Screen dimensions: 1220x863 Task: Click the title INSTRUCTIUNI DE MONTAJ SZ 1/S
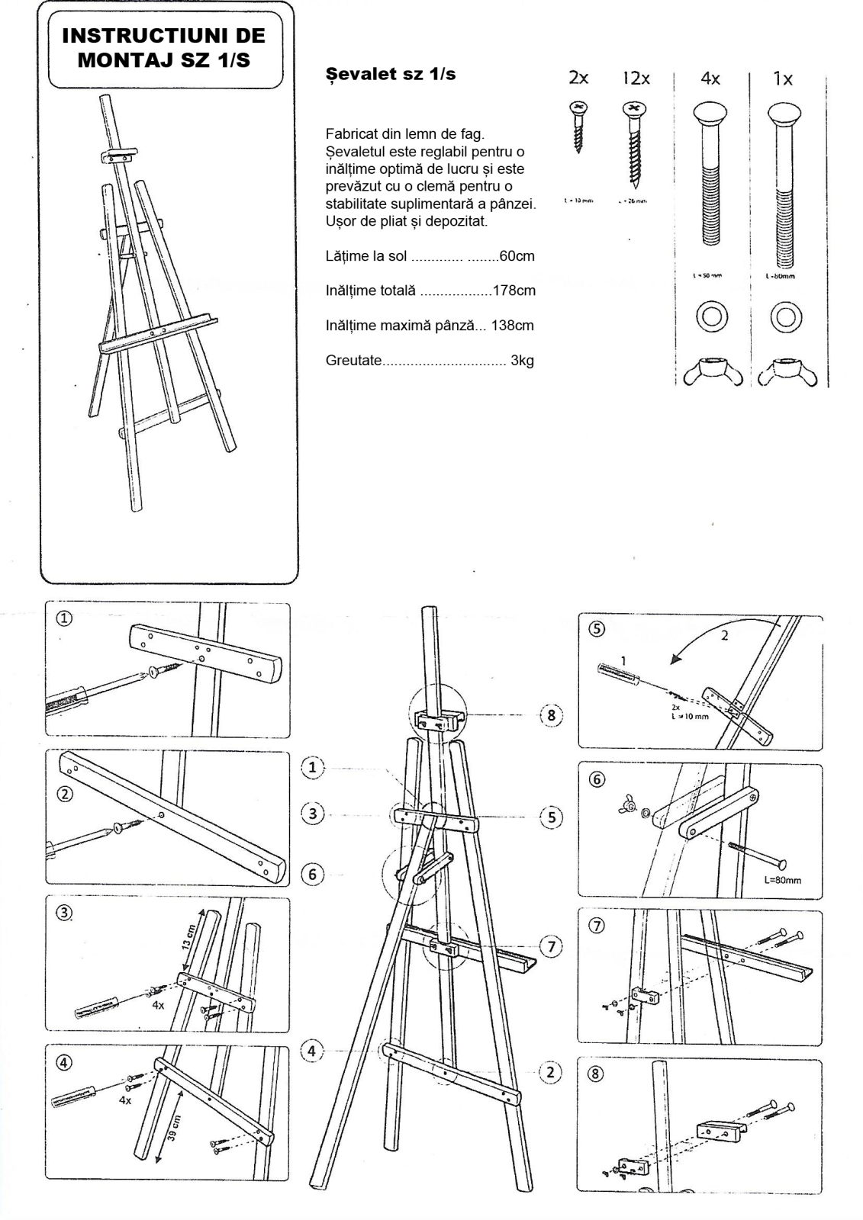[163, 47]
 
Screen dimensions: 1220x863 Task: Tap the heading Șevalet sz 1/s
[391, 75]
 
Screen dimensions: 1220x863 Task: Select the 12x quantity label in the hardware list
[635, 78]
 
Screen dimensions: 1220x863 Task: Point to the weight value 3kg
[522, 361]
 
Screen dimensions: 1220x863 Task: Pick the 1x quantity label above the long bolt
[783, 78]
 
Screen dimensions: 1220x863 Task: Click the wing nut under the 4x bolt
[709, 371]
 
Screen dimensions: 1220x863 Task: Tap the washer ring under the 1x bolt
[785, 316]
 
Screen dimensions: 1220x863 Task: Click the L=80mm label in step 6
[783, 881]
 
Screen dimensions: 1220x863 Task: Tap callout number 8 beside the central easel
[552, 715]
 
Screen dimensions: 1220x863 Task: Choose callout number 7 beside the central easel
[552, 947]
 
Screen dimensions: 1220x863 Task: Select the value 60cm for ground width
[517, 256]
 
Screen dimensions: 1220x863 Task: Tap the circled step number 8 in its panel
[597, 1074]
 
